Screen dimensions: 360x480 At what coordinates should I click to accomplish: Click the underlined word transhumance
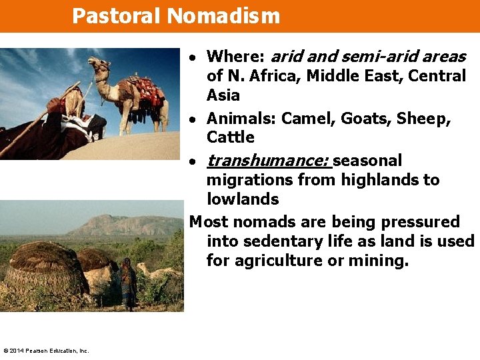point(269,161)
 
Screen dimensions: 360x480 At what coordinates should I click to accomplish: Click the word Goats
point(365,119)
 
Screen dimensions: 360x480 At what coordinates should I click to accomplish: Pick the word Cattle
point(231,137)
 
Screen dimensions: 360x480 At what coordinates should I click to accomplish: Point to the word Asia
point(223,95)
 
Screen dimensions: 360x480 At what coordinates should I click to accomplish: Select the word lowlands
point(243,199)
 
